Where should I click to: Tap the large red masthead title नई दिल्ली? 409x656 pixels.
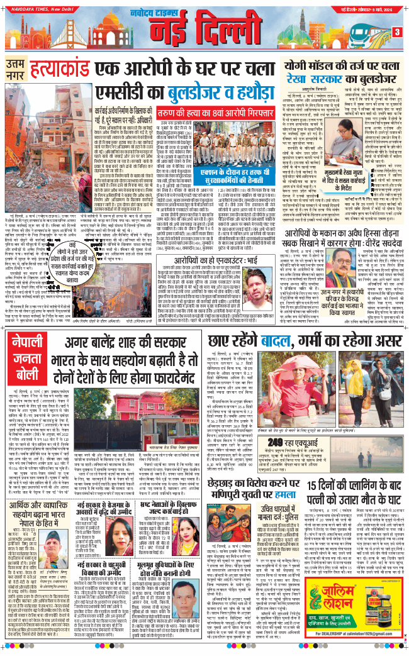click(x=207, y=30)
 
